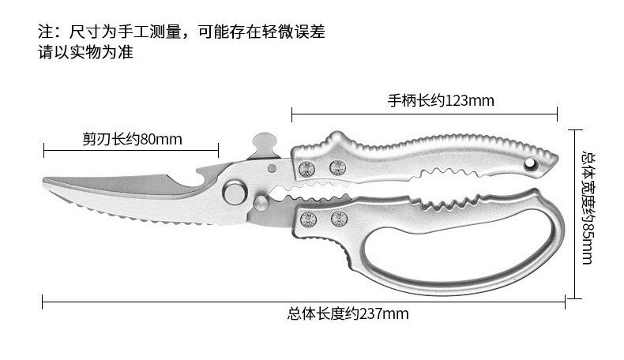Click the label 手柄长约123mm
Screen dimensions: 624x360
click(440, 101)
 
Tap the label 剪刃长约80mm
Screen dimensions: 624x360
click(132, 140)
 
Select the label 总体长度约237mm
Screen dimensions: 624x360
click(348, 313)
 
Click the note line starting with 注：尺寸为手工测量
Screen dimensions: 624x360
click(182, 32)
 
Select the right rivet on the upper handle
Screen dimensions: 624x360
click(337, 167)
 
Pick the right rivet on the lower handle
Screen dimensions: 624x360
click(339, 219)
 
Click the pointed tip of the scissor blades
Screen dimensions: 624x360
click(46, 182)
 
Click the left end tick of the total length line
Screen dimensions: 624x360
click(43, 300)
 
